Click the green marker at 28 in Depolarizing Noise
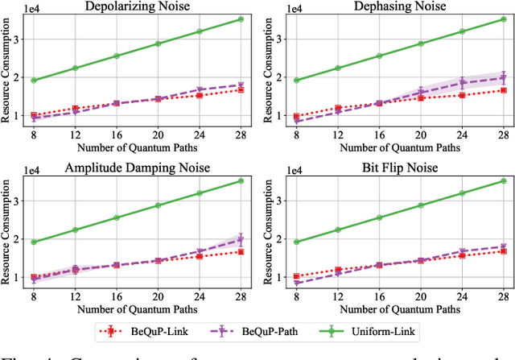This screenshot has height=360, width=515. click(240, 19)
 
